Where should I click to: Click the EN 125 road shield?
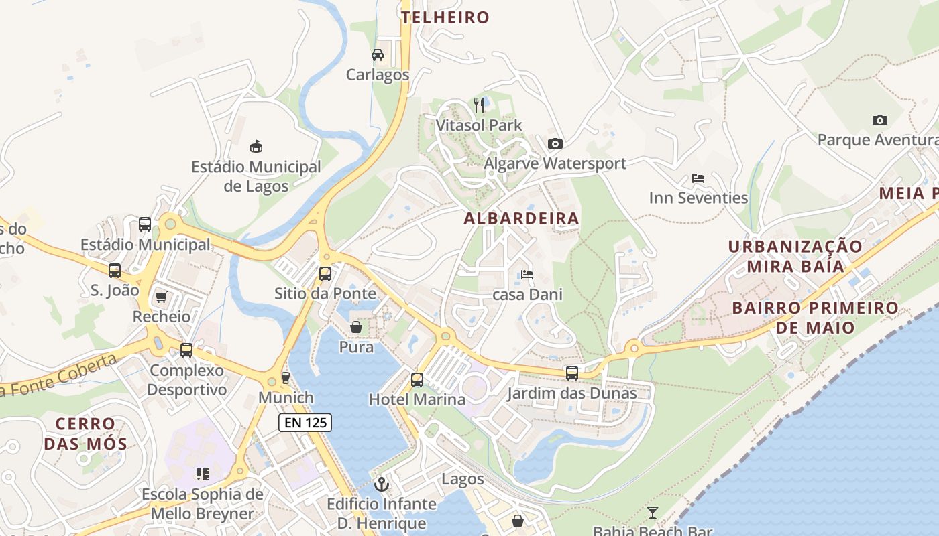(305, 423)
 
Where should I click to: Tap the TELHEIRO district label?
(445, 17)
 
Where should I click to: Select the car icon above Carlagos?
(378, 55)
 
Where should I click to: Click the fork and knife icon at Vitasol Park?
(479, 105)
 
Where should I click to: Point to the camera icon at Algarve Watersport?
(555, 143)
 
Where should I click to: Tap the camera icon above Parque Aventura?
(879, 121)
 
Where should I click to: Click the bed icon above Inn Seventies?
(698, 178)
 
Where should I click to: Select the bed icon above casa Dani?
(527, 275)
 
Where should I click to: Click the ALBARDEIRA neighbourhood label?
(521, 218)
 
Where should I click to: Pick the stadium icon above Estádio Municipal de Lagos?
(256, 146)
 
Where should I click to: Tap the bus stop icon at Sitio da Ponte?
(325, 273)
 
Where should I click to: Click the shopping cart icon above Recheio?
(161, 297)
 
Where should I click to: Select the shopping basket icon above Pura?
(356, 327)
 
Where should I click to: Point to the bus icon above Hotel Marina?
(417, 380)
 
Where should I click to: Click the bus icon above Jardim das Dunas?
(571, 373)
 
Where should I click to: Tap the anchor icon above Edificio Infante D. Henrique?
(382, 484)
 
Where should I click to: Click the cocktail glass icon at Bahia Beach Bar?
(652, 513)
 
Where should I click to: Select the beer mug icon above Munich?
(286, 378)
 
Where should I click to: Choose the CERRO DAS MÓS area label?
(85, 433)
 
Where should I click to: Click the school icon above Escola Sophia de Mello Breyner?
(202, 474)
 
